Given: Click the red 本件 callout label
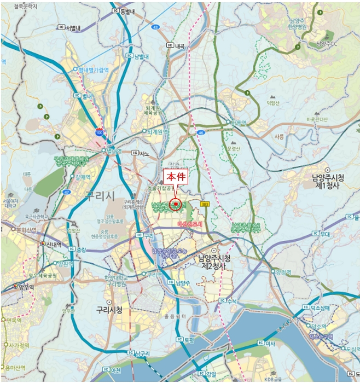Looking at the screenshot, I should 177,177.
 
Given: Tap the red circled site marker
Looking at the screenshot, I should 175,205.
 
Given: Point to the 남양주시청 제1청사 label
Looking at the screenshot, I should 327,181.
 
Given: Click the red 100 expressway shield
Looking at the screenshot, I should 99,132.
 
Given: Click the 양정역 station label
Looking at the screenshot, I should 284,271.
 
